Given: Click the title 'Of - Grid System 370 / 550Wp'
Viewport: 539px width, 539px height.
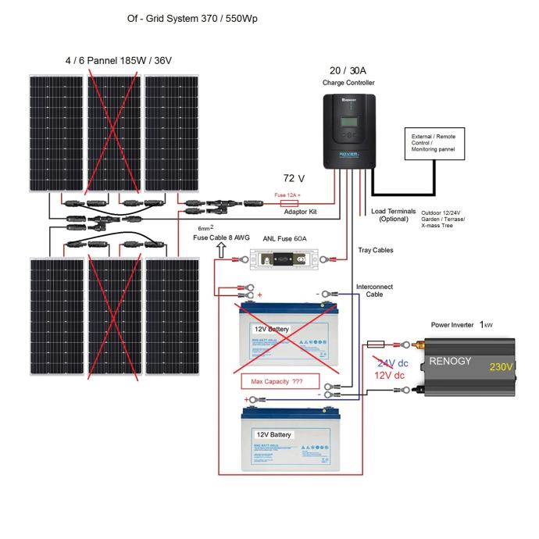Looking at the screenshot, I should click(191, 18).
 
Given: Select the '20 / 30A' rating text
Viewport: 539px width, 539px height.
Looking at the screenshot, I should click(348, 70).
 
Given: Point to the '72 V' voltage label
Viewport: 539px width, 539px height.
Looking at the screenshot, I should click(294, 179).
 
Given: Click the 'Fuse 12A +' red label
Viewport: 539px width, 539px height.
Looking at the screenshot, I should click(287, 195).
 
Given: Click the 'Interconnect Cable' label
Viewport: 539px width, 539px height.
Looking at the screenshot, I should click(374, 291).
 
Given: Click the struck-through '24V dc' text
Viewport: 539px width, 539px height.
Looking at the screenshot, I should click(393, 363).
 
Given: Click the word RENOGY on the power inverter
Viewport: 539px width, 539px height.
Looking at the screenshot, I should click(451, 362).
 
